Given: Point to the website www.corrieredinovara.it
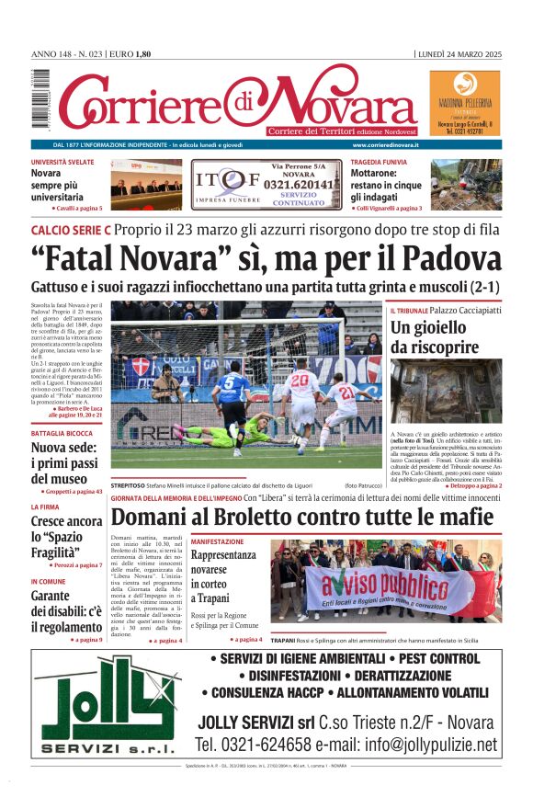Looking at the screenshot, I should tap(385, 145).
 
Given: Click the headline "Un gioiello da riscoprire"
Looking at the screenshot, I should tap(428, 337).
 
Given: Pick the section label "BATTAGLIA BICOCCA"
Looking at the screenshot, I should tap(62, 433).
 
